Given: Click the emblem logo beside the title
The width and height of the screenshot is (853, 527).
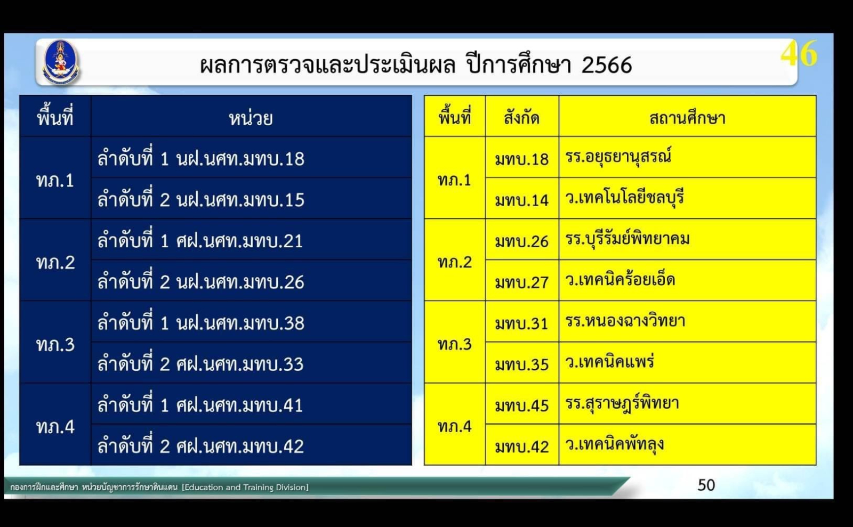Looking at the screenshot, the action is (61, 62).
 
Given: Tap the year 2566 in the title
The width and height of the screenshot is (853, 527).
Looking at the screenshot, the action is (607, 65).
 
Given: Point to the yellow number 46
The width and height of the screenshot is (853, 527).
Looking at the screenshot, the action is (799, 54).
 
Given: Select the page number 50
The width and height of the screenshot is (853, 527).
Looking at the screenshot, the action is (706, 485).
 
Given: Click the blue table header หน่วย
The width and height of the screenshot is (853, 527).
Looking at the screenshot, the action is (251, 118).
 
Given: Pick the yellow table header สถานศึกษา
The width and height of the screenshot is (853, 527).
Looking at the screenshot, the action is (687, 118).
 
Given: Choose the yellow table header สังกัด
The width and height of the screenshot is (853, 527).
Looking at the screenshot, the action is (522, 118).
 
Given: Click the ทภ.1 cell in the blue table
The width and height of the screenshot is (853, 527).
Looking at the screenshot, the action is (55, 180).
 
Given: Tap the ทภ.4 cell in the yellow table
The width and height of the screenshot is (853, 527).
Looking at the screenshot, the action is (455, 427).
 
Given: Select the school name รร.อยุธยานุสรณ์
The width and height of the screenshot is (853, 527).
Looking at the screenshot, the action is (618, 157).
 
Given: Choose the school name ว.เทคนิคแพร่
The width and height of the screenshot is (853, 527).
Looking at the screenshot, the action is (610, 361).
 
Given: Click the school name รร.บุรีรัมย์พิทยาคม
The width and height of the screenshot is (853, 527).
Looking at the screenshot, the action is (627, 239).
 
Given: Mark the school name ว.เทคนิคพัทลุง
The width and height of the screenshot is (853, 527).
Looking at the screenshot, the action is (615, 444).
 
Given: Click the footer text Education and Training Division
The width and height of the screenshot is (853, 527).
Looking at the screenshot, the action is (245, 488).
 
